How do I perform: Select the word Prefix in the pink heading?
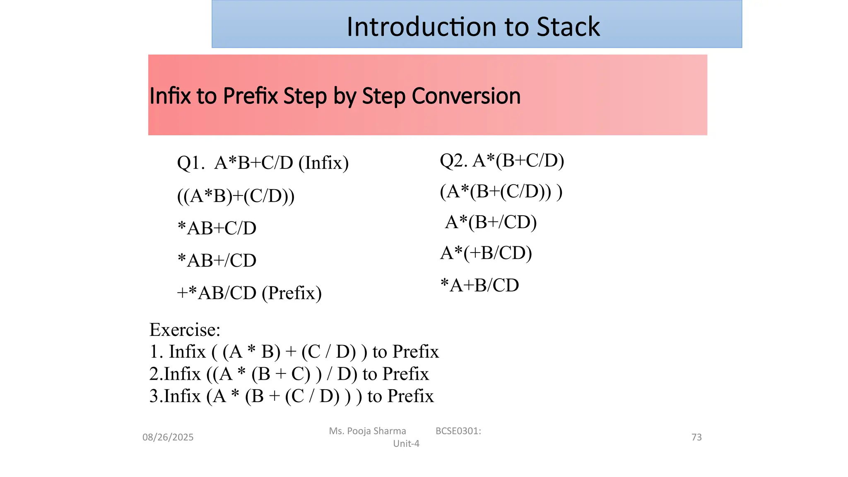click(x=250, y=96)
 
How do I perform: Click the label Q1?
click(x=190, y=163)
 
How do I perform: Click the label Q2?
click(x=453, y=160)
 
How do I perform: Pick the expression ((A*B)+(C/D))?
click(x=236, y=195)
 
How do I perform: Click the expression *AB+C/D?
click(x=217, y=228)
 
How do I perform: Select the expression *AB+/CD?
click(x=217, y=260)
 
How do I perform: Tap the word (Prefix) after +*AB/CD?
click(x=291, y=293)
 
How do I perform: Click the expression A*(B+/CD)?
click(x=491, y=222)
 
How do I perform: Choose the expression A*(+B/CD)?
click(x=486, y=253)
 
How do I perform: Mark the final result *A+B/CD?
click(x=479, y=285)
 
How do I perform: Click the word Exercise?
click(x=185, y=330)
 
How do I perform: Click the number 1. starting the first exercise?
click(x=157, y=352)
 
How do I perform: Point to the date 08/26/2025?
click(x=168, y=437)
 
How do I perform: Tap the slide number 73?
click(x=696, y=437)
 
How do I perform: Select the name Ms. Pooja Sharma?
click(x=367, y=431)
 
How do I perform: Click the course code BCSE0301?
click(x=458, y=431)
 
